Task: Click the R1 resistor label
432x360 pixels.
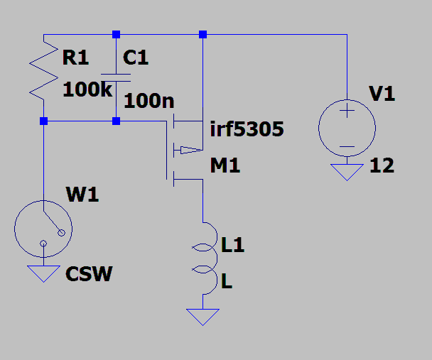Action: pos(75,58)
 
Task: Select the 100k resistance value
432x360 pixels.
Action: pos(87,89)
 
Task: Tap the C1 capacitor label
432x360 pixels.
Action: pos(136,58)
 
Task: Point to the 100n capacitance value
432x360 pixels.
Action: pos(149,101)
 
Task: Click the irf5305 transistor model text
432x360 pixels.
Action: pos(247,129)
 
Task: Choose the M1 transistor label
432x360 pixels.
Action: pos(225,165)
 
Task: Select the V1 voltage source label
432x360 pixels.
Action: pos(382,94)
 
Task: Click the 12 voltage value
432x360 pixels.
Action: pos(382,165)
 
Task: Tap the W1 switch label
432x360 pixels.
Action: pos(82,195)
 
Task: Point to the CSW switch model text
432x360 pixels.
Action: pos(89,274)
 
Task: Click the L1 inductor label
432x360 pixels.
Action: pos(233,245)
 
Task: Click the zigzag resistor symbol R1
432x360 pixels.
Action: pos(43,70)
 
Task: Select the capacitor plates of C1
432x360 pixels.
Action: pos(116,78)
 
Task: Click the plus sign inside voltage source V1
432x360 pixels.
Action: pos(347,111)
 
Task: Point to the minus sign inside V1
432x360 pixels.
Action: pos(347,147)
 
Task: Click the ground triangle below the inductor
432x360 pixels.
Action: pos(202,317)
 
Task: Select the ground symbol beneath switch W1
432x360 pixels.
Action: pos(43,273)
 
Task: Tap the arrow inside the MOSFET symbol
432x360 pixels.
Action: pos(191,150)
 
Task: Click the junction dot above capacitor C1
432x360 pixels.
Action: pos(116,34)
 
